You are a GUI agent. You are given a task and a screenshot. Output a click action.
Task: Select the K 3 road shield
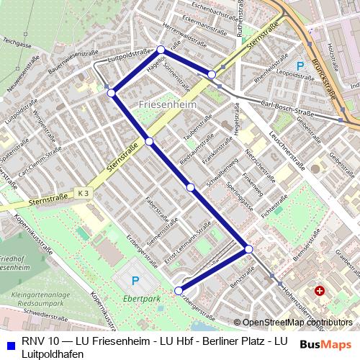(84, 193)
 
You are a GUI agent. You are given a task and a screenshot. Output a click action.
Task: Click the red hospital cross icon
(319, 292)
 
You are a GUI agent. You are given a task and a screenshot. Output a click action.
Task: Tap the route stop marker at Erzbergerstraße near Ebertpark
(178, 290)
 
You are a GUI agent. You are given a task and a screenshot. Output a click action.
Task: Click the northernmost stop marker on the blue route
(161, 50)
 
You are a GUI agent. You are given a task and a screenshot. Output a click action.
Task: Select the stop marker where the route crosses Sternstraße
(149, 141)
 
